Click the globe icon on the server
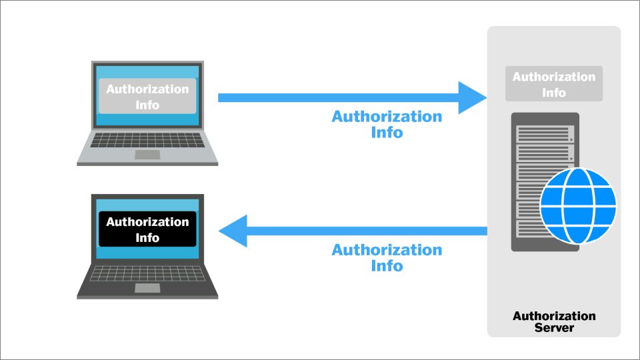(x=578, y=205)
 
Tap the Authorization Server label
(x=554, y=322)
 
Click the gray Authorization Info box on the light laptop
(x=147, y=97)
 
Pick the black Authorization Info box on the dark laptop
(x=147, y=229)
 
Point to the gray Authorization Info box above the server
(x=554, y=84)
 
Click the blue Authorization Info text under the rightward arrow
(x=387, y=124)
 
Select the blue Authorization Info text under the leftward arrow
(x=387, y=257)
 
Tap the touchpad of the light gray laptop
(x=147, y=155)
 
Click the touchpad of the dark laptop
(x=147, y=287)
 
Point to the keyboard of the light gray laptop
(x=147, y=140)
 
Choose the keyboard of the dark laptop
(x=147, y=273)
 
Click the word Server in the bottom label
(x=554, y=328)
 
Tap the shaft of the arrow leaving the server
(x=367, y=231)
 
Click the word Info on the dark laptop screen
(x=147, y=237)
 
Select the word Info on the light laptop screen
(x=147, y=105)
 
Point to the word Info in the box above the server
(x=554, y=93)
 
